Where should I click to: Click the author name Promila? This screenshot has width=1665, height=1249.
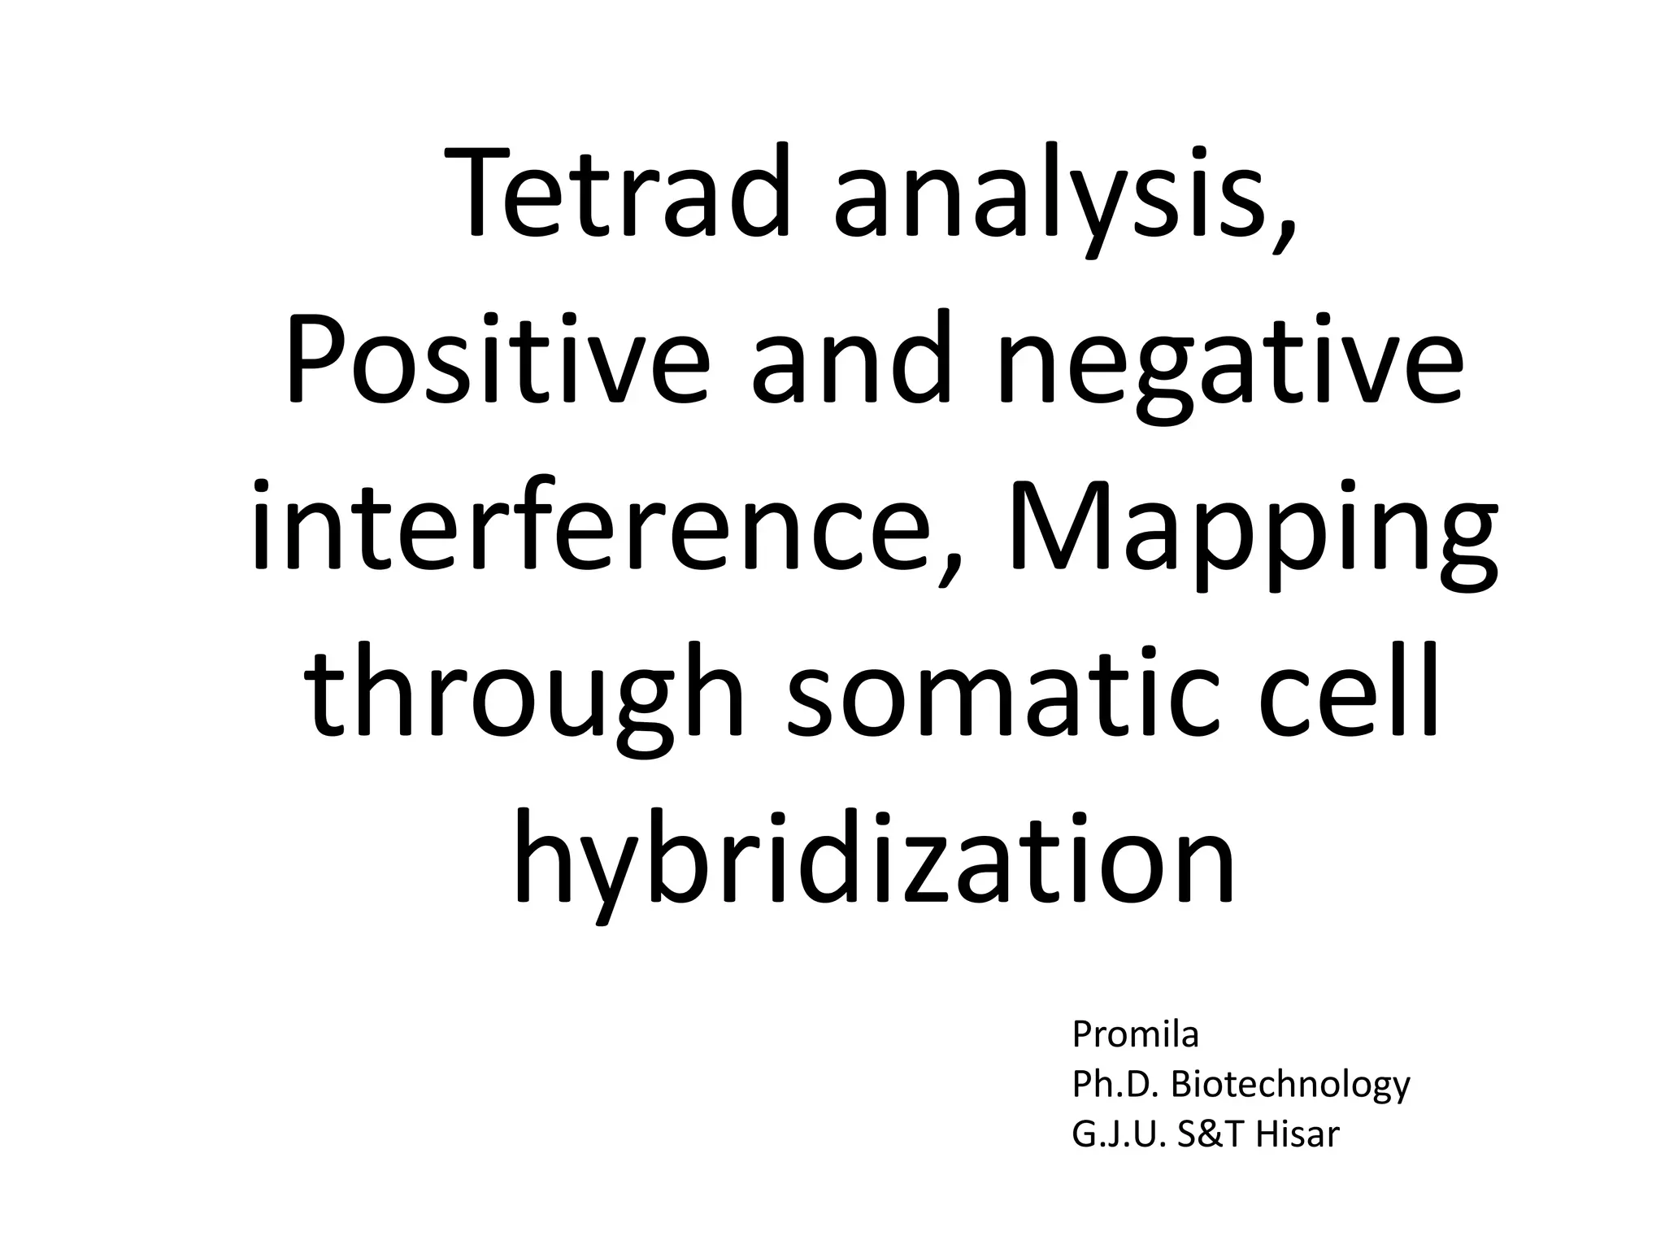[1136, 1035]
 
